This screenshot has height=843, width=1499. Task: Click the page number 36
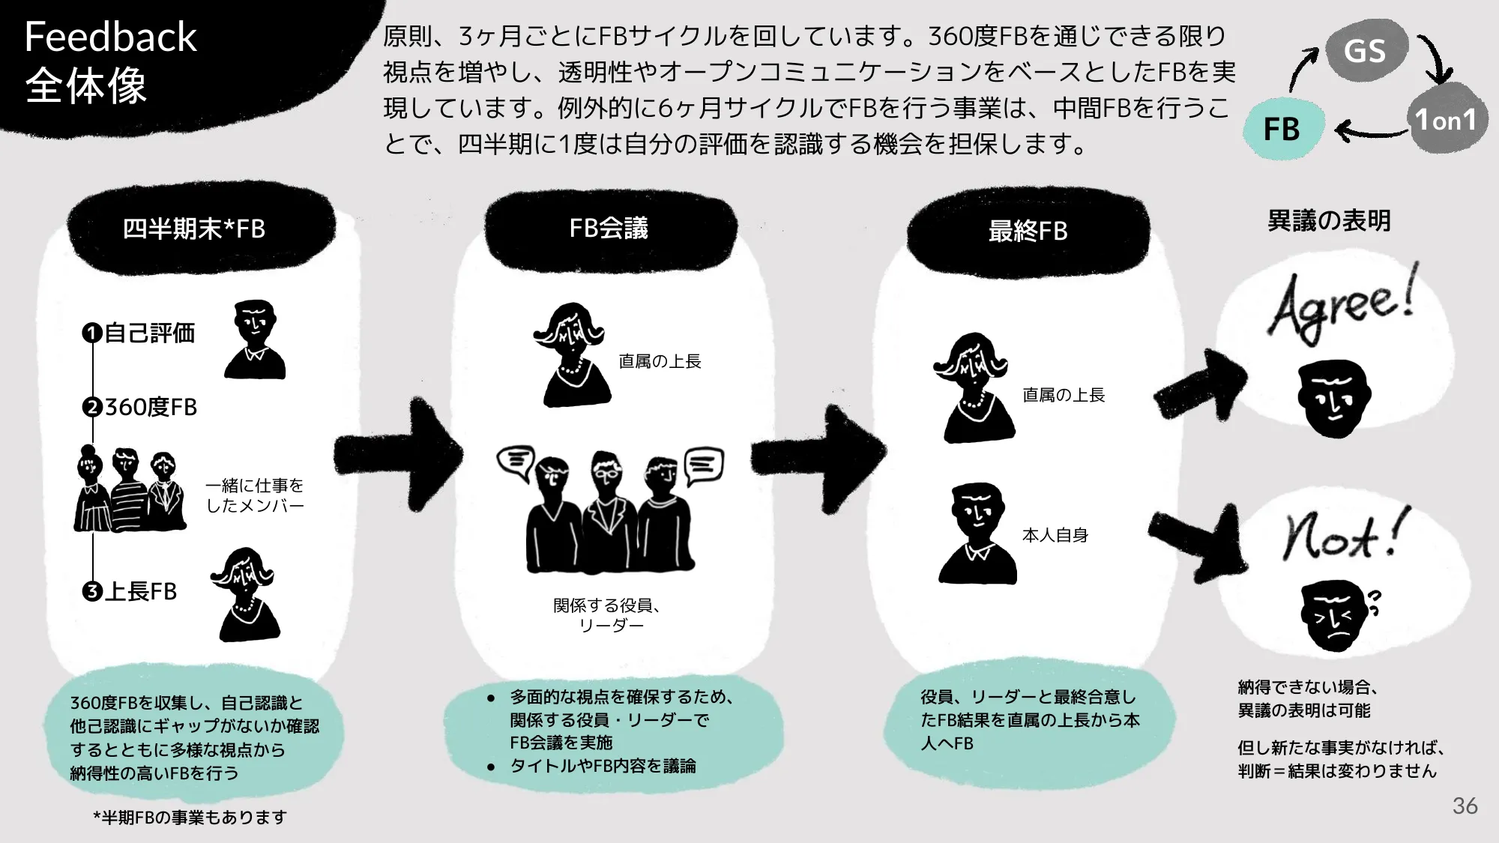(1465, 806)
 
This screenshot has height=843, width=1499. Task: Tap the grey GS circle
(1365, 50)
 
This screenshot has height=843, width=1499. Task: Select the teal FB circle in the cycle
(1282, 129)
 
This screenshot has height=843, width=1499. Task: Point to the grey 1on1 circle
(1446, 119)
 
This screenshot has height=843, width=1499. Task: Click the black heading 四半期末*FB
(194, 229)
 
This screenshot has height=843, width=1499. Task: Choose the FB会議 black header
(609, 228)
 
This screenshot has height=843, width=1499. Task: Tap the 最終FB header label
(1028, 231)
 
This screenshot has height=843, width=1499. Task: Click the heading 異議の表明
(1329, 220)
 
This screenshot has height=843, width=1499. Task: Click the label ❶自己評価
(139, 333)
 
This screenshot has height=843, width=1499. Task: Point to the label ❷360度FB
(140, 407)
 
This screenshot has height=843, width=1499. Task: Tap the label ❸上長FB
(130, 591)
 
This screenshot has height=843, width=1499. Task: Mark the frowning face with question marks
(1336, 614)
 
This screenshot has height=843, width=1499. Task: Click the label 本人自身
(1055, 535)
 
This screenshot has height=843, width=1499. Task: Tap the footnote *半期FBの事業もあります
(190, 817)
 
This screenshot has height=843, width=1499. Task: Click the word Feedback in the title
(110, 37)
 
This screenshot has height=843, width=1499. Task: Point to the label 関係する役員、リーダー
(607, 615)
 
